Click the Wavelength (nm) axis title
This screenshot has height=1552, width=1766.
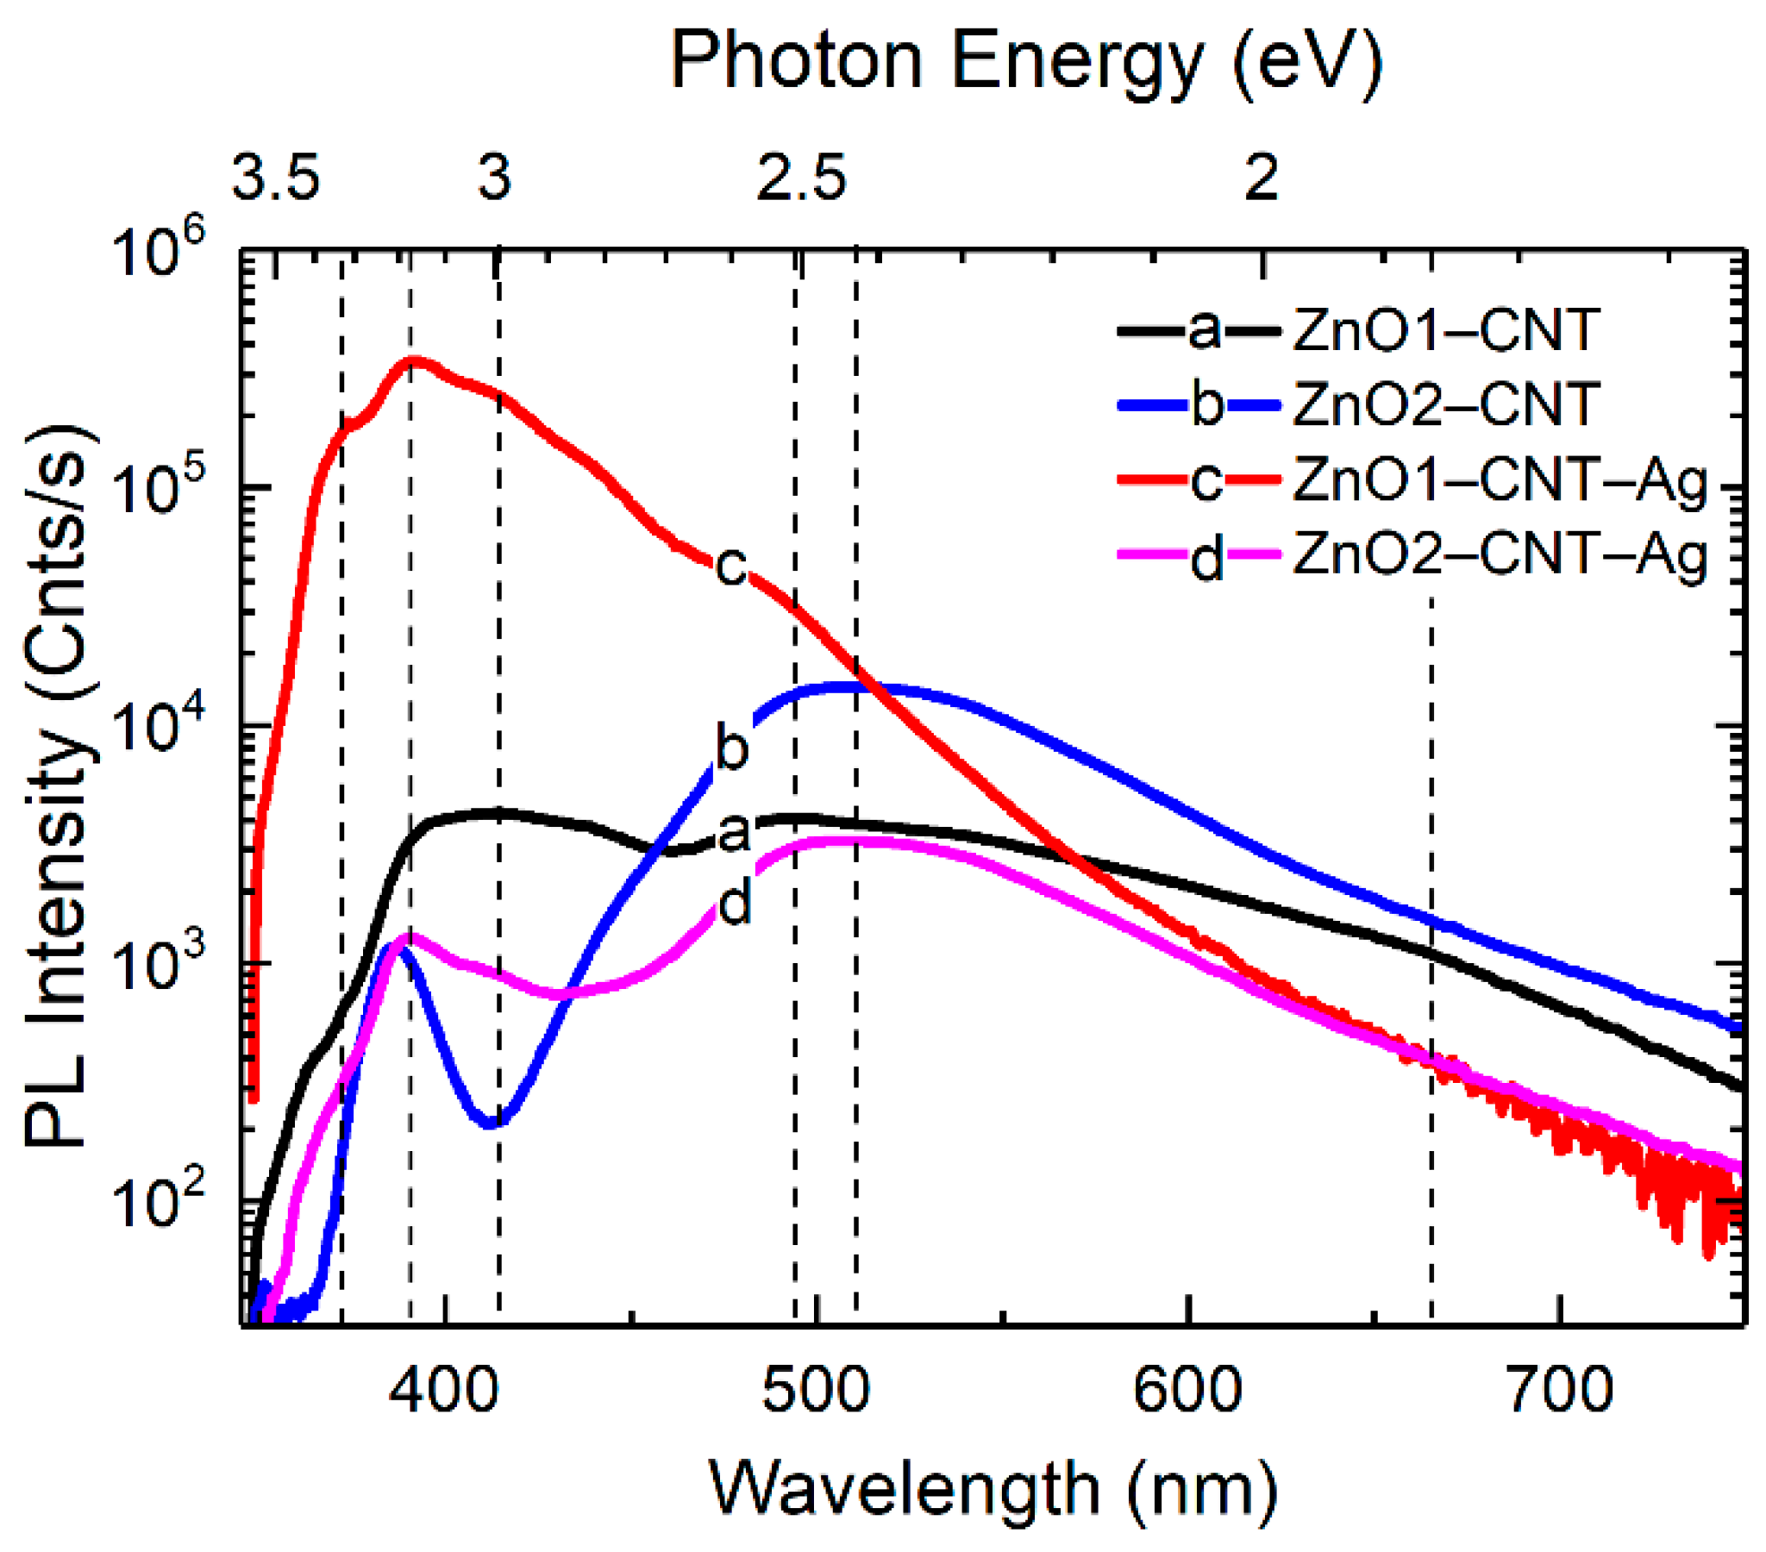[993, 1488]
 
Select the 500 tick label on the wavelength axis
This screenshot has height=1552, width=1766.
[816, 1392]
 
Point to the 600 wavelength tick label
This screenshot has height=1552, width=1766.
[1187, 1392]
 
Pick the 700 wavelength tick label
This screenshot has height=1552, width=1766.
[1560, 1392]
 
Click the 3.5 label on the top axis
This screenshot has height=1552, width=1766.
[277, 177]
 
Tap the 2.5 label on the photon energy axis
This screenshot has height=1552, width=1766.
[802, 177]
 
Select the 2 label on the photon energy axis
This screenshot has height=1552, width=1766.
[1262, 177]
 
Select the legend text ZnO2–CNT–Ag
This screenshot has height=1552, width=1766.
[1499, 554]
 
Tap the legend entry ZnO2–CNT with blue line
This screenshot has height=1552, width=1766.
[1445, 404]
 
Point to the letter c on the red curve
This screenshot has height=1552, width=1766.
[731, 566]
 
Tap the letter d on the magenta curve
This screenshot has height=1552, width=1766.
[736, 905]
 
